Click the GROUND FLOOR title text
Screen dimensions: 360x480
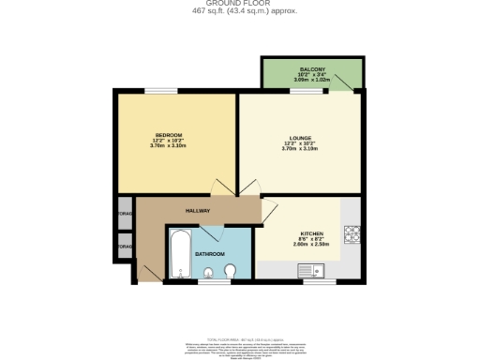(x=240, y=3)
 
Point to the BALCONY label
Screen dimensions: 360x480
(x=312, y=70)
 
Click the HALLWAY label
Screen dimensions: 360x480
(x=197, y=210)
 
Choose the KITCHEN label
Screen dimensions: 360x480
(x=312, y=233)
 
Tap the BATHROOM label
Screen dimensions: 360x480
(x=209, y=254)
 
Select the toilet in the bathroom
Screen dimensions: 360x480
(x=231, y=272)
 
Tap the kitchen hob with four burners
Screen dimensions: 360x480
(x=352, y=232)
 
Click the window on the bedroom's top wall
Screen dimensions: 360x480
(x=160, y=90)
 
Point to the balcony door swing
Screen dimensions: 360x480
(x=347, y=85)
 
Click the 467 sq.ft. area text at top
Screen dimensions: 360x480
(x=240, y=11)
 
